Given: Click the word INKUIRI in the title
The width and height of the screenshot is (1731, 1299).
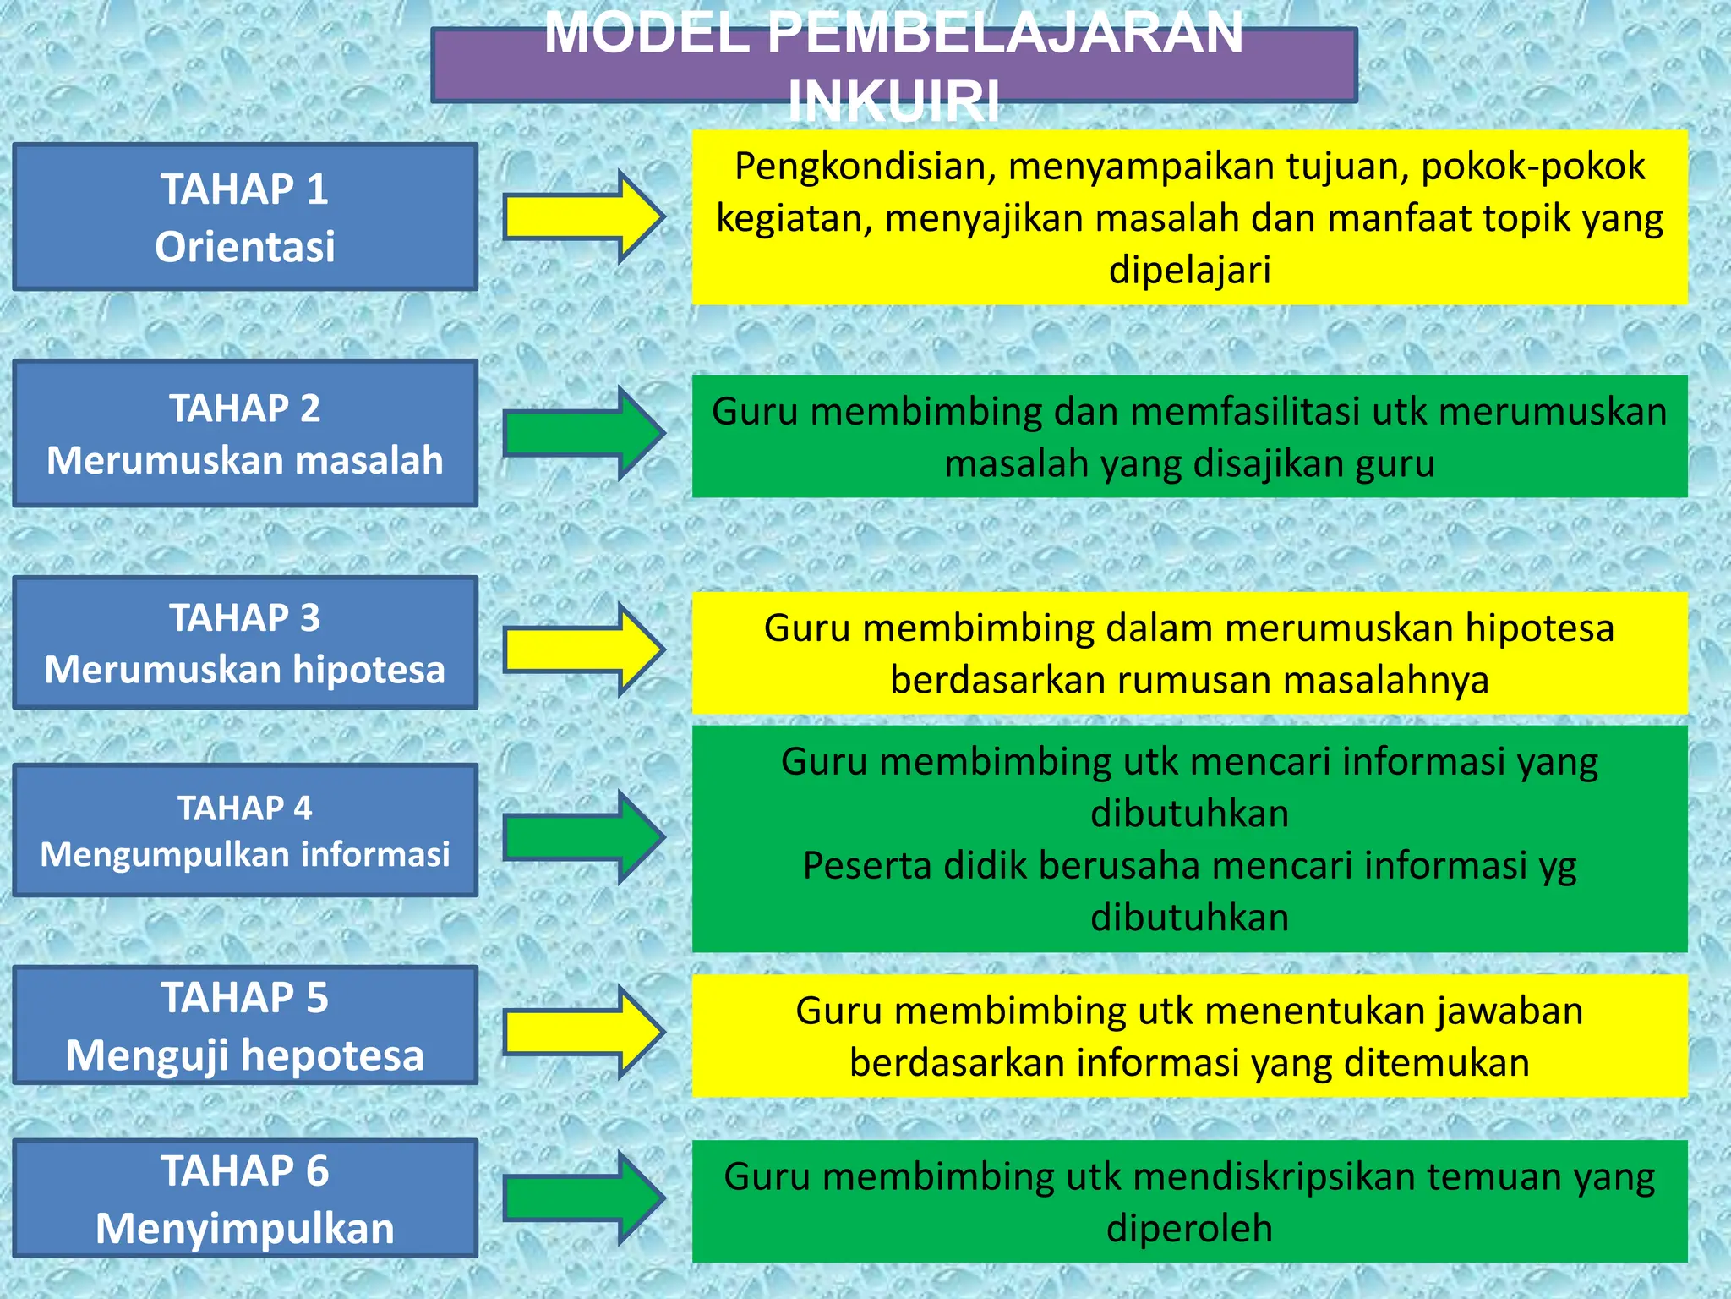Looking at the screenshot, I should tap(893, 101).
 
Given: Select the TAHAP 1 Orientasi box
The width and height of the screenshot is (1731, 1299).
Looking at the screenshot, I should tap(245, 217).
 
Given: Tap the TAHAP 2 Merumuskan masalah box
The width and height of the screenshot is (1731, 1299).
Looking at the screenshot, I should tap(245, 434).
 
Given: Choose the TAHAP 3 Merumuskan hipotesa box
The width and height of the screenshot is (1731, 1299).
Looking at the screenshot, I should tap(245, 643).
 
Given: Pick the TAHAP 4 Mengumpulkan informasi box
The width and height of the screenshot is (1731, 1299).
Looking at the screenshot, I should tap(245, 830).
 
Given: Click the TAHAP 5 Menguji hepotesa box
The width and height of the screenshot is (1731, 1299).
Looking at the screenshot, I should tap(245, 1025).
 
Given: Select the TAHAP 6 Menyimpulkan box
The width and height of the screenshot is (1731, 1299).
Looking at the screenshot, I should tap(245, 1198).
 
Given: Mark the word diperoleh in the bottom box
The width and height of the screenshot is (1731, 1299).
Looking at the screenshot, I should tap(1189, 1229).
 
